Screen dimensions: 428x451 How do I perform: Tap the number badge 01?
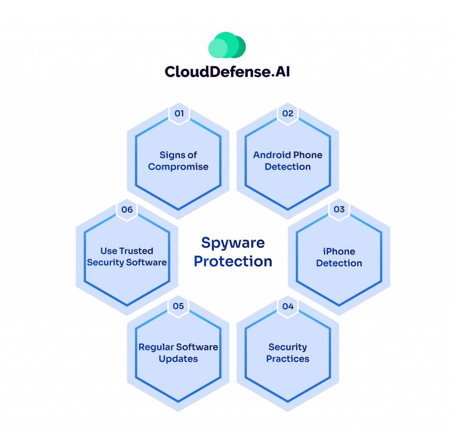[x=179, y=113]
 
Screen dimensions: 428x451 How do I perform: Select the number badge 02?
[x=288, y=113]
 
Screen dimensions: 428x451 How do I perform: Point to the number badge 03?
[x=339, y=209]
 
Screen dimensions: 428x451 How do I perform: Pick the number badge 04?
[x=288, y=306]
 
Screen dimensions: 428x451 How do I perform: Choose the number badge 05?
[x=178, y=306]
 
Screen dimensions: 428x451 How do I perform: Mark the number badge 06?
[x=127, y=209]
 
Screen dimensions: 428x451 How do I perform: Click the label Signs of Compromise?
[x=178, y=161]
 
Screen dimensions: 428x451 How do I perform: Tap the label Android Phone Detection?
[x=288, y=161]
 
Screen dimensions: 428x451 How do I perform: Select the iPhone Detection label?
[x=339, y=257]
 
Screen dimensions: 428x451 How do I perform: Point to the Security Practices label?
[x=288, y=353]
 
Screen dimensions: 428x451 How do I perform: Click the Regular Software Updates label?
[x=178, y=353]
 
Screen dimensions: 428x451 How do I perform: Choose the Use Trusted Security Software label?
[x=127, y=257]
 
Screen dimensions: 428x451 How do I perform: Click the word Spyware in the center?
[x=233, y=243]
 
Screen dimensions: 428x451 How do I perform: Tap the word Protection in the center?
[x=233, y=261]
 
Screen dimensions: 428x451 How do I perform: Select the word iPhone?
[x=339, y=251]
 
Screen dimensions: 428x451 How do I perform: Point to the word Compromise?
[x=178, y=167]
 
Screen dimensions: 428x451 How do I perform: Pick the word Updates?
[x=178, y=359]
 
